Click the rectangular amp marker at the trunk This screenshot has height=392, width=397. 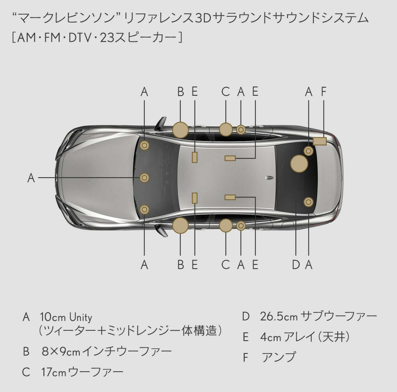319,141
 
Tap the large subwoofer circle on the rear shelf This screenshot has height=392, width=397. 299,164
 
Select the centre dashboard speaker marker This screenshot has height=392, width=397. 144,178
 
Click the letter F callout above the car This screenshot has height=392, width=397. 323,92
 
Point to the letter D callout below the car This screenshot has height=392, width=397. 296,265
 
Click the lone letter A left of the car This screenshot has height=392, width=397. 31,178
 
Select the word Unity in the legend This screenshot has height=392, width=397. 81,318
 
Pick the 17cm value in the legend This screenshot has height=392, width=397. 54,372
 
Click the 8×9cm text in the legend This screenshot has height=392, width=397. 61,352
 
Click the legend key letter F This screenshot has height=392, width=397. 245,358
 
